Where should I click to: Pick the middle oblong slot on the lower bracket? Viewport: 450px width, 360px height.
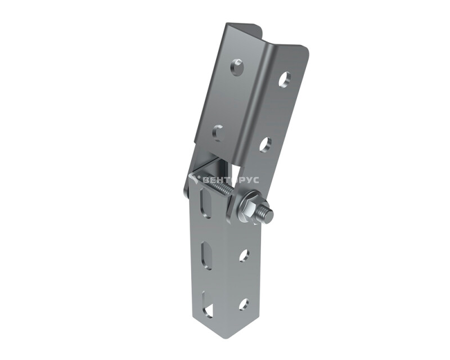tap(206, 255)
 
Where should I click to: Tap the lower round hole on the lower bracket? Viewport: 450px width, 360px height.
tap(244, 304)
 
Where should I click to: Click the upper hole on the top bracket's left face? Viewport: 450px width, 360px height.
tap(237, 66)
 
